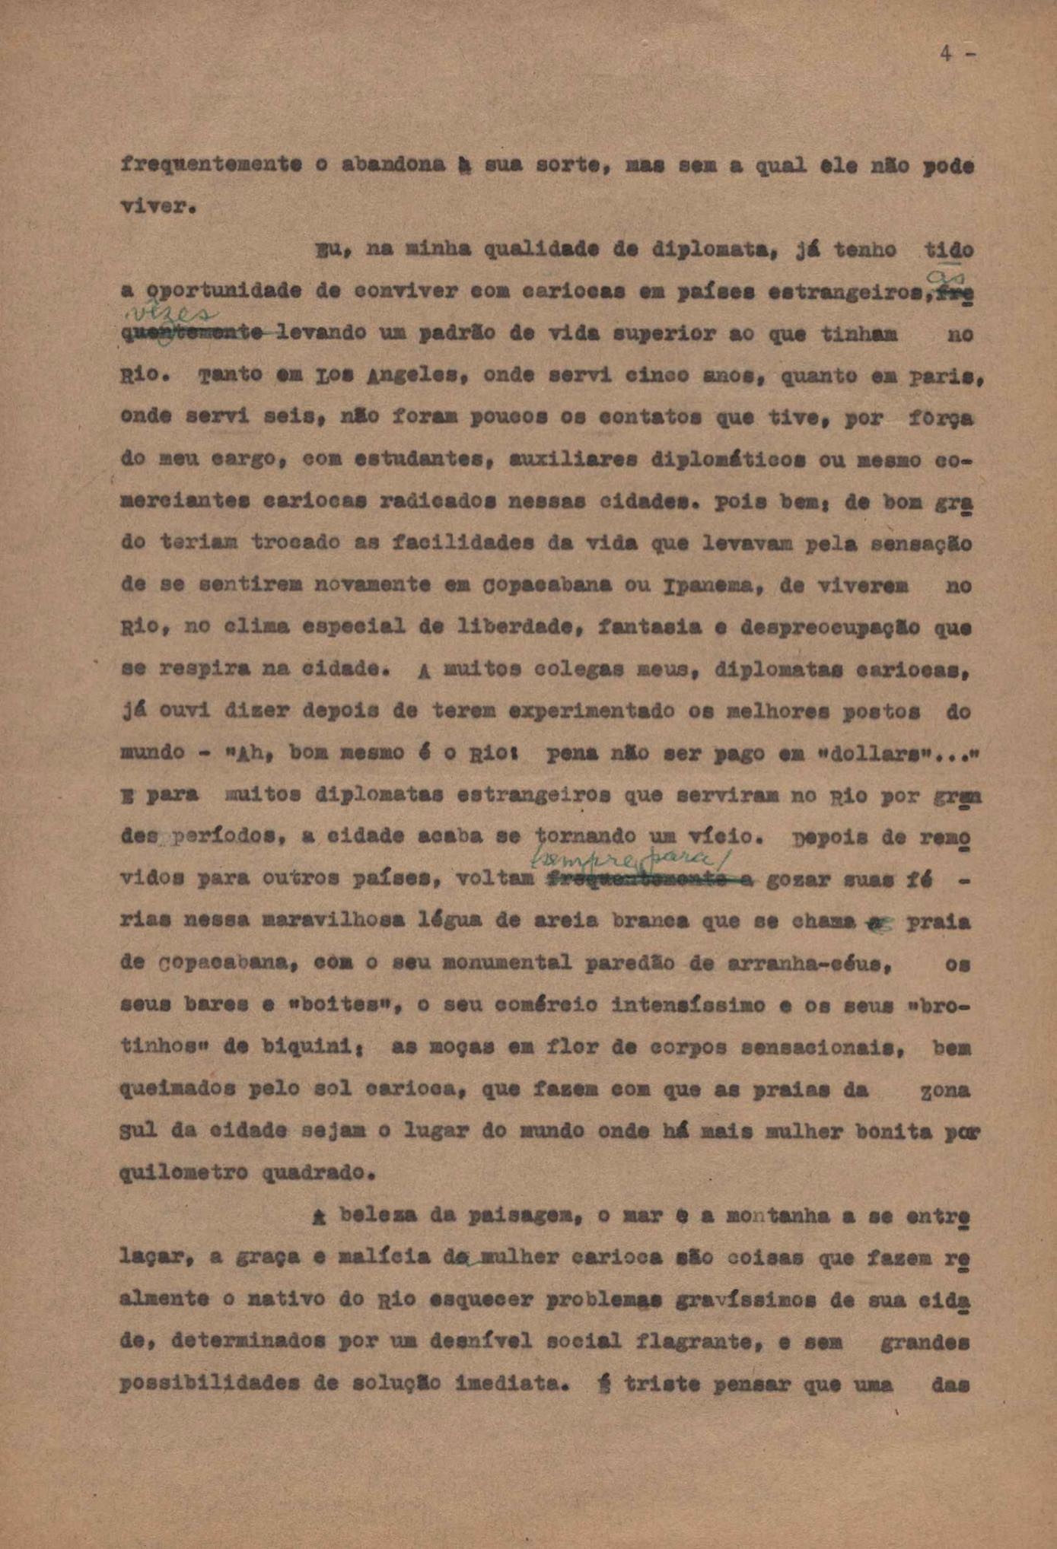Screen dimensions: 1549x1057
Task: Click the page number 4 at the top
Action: [x=947, y=54]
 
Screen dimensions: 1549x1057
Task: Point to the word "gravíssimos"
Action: [x=740, y=1299]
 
